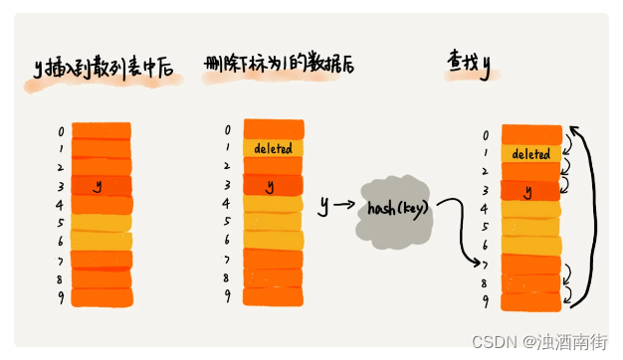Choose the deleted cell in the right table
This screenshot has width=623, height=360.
(530, 154)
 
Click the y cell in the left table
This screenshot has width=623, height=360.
(100, 186)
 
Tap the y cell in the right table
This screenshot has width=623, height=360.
(529, 190)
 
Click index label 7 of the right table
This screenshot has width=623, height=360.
(486, 265)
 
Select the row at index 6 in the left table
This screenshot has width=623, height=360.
(100, 241)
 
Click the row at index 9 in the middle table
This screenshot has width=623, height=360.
(272, 296)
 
